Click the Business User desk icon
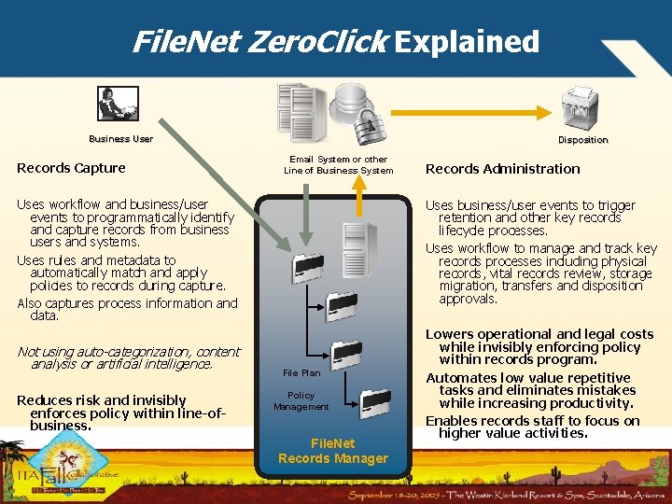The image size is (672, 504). click(118, 104)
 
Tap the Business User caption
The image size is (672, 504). click(120, 139)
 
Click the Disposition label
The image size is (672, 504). click(582, 140)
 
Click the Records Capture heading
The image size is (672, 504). click(71, 168)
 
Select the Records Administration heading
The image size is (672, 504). click(502, 169)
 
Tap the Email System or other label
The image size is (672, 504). click(338, 160)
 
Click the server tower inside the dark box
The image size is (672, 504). click(358, 248)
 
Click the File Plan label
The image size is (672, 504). click(301, 373)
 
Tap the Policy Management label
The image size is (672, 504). click(301, 400)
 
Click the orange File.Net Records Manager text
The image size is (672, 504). click(332, 451)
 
